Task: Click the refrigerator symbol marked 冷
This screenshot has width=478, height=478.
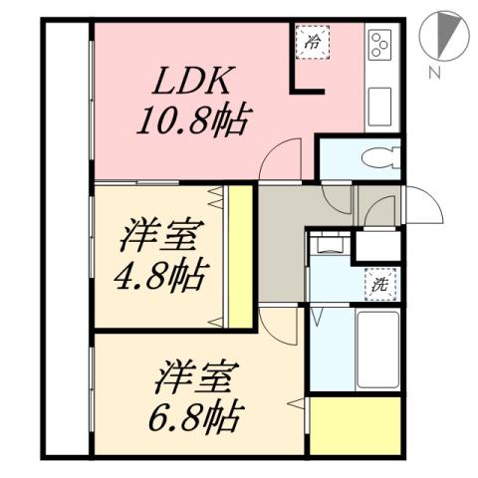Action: coord(313,43)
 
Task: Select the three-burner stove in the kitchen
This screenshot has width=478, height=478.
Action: coord(380,45)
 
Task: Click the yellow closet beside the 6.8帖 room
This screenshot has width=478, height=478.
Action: coord(355,423)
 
